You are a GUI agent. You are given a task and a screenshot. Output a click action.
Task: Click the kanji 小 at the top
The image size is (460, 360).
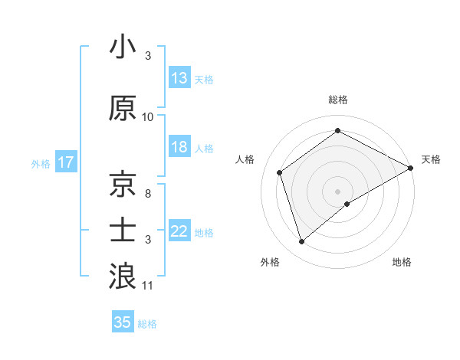tap(122, 47)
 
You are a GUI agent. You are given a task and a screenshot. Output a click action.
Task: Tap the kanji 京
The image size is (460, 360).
tap(123, 185)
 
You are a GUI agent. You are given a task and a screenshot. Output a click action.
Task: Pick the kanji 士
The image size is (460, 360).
tap(123, 229)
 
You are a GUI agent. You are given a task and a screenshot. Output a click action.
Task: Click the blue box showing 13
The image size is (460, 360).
tap(179, 78)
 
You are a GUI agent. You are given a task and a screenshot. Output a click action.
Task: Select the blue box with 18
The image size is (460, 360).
tap(179, 147)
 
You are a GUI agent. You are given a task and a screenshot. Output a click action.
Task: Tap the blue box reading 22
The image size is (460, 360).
tap(179, 232)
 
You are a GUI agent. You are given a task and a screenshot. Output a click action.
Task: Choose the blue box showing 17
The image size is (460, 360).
tap(65, 162)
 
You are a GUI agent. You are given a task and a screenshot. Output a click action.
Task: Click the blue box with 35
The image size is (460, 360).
tap(123, 322)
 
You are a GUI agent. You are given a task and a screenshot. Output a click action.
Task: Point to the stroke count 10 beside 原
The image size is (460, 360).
tap(148, 116)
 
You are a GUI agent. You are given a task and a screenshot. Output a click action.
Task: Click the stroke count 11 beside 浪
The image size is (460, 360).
tap(148, 286)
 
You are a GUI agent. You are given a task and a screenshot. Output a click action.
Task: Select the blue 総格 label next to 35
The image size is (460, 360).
tap(147, 324)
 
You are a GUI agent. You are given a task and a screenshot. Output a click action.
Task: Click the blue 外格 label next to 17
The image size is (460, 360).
tap(40, 163)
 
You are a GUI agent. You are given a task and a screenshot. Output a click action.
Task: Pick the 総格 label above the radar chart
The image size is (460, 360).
tap(337, 100)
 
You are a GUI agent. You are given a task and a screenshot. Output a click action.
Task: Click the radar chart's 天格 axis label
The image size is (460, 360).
tap(431, 159)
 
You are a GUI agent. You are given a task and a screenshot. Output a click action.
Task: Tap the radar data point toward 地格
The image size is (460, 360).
tap(347, 204)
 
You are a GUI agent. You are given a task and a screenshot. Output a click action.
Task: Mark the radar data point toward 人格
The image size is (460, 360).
tap(280, 172)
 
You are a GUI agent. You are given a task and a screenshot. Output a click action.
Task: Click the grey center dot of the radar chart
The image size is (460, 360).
tap(337, 190)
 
